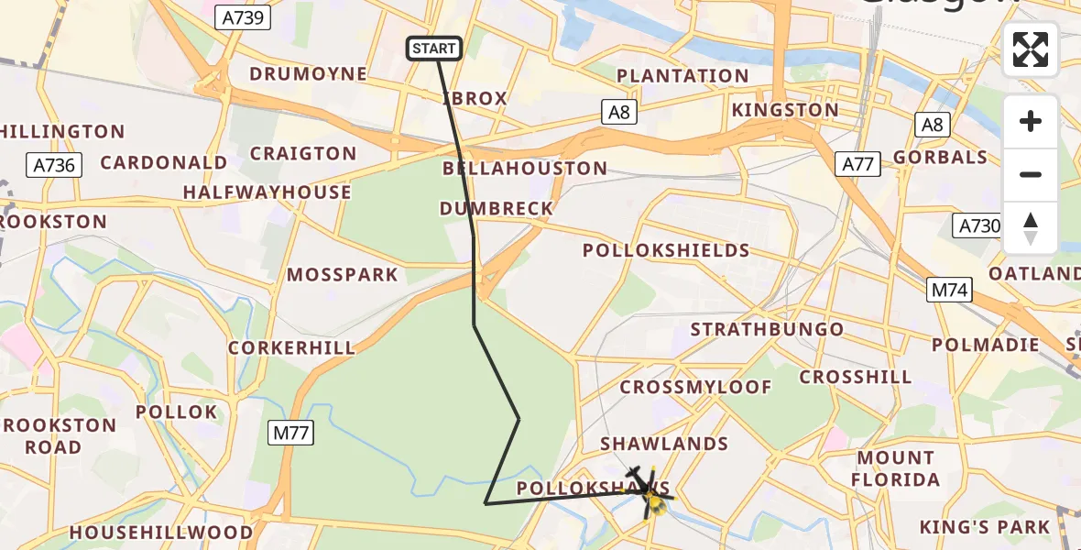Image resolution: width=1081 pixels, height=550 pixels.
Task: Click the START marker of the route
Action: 434,49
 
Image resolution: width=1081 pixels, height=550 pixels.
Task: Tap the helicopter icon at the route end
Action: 649,491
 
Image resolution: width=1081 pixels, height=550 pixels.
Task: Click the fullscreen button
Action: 1031,49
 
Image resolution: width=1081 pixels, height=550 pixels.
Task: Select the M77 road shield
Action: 291,432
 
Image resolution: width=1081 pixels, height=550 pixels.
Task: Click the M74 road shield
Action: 949,291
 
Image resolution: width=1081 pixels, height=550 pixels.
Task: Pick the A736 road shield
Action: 55,165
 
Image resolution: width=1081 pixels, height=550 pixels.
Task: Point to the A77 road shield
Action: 858,164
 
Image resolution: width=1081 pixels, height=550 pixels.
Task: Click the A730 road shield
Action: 977,225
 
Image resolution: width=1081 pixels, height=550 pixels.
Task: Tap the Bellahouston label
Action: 524,169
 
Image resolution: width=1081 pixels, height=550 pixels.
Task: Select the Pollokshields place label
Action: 666,250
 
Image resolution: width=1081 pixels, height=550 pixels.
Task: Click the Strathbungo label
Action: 767,329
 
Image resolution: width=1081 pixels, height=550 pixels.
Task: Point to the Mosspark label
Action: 343,275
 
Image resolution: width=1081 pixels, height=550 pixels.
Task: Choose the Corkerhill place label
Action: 291,348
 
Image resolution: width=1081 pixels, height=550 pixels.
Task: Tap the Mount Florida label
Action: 896,468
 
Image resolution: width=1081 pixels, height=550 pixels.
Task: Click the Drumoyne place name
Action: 308,73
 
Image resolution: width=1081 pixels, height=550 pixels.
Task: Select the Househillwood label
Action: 161,533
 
